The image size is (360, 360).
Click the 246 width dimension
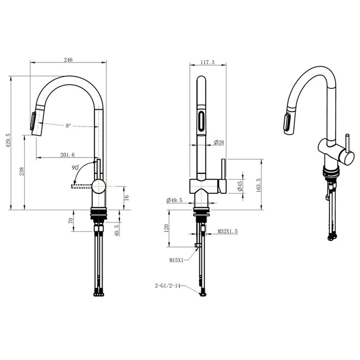(68, 60)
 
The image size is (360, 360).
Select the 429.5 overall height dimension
(8, 140)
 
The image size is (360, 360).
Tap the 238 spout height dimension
(22, 172)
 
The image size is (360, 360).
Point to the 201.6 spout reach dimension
(68, 155)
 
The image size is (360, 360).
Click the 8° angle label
(68, 126)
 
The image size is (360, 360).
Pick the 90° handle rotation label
(75, 168)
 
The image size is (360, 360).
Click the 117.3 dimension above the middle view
(207, 62)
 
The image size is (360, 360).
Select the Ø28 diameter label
(219, 142)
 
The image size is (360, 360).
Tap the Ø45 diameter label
(240, 186)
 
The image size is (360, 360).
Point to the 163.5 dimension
(259, 185)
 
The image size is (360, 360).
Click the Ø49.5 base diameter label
(174, 201)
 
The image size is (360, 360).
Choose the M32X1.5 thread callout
(228, 231)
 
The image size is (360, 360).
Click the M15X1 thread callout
(176, 260)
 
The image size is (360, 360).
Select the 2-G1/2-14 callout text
(168, 286)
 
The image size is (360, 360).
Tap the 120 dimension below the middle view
(167, 228)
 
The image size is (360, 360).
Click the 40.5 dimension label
(117, 230)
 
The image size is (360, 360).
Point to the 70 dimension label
(71, 220)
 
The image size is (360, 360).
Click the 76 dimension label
(126, 198)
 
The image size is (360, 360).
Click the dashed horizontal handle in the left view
(82, 186)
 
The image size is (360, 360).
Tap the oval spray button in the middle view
(201, 121)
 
